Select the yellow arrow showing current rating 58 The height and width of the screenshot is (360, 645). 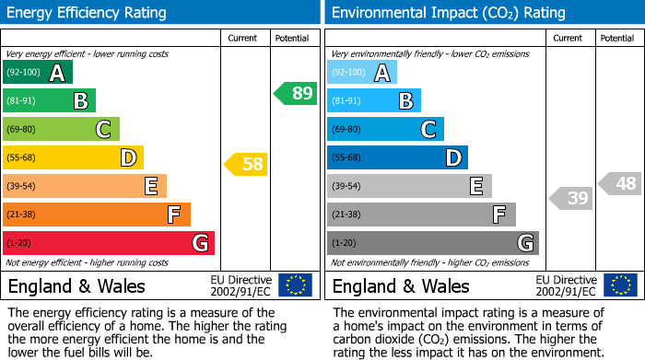[246, 165]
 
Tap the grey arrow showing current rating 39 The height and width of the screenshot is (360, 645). [571, 198]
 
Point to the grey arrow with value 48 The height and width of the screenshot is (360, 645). [620, 184]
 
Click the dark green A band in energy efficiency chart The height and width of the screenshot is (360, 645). [38, 73]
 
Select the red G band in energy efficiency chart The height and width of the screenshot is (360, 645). [108, 243]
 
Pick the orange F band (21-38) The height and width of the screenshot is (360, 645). [97, 215]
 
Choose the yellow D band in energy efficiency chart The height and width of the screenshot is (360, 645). [73, 157]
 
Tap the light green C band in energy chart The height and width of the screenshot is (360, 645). [61, 129]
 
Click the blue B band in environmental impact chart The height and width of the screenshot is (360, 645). [374, 100]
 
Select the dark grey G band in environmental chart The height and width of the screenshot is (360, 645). [432, 243]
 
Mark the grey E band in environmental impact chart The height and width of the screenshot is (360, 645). [409, 186]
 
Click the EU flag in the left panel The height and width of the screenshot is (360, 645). [295, 285]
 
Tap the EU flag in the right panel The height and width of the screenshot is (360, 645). [619, 285]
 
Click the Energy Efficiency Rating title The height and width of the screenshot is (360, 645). [87, 13]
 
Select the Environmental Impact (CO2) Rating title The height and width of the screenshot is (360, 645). [448, 13]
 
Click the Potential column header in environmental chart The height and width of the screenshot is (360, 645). [617, 38]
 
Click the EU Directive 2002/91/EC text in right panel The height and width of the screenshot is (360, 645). [566, 285]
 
